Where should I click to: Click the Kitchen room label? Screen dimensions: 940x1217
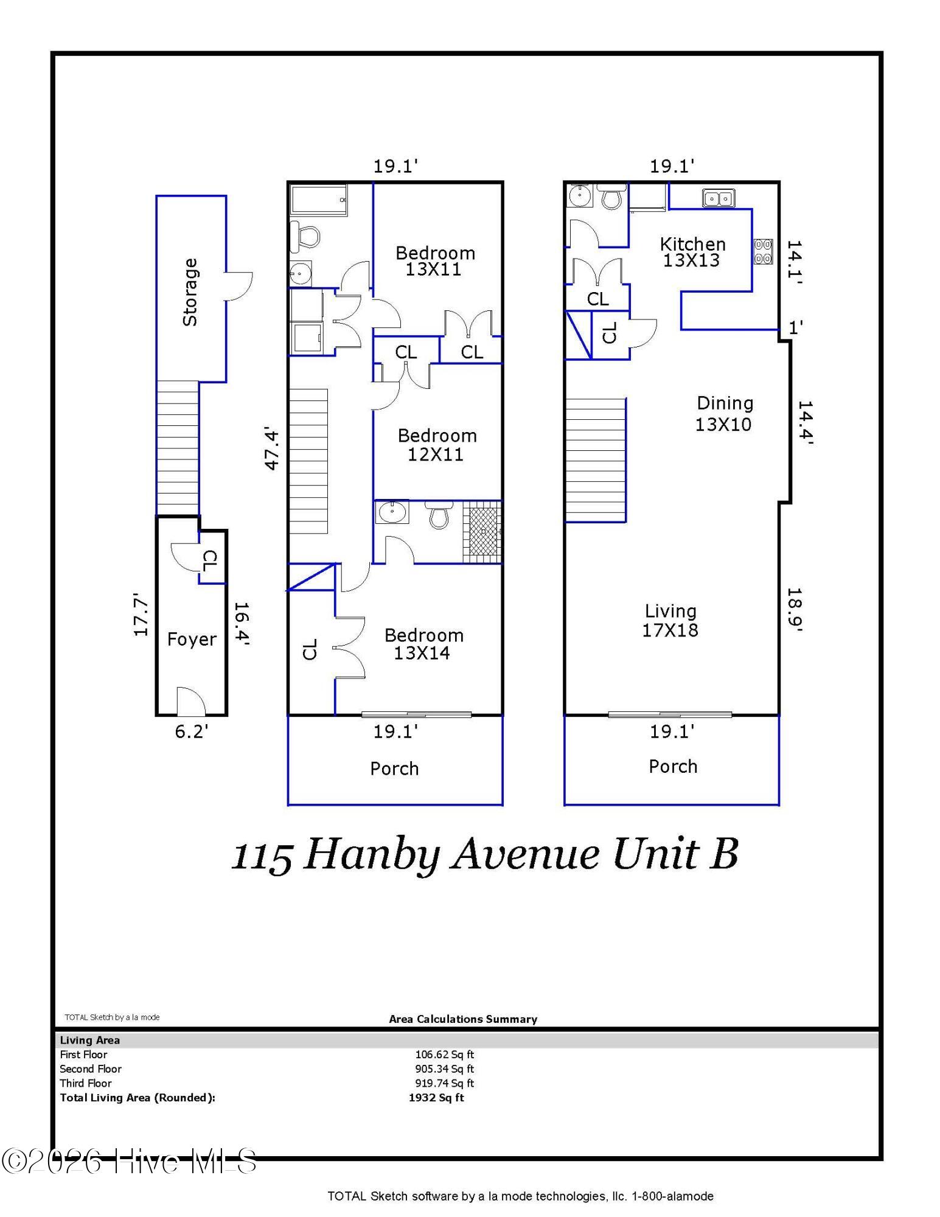692,252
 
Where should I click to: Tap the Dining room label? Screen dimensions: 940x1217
724,414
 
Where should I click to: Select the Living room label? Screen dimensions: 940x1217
670,621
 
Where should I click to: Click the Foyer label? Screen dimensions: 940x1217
192,639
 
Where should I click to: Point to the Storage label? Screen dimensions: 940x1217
190,292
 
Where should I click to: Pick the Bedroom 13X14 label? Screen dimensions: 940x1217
423,644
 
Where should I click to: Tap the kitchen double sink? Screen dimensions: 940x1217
719,198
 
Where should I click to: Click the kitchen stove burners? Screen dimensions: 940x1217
764,251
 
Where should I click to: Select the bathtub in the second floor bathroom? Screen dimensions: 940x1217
319,200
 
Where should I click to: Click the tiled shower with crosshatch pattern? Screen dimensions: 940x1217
482,532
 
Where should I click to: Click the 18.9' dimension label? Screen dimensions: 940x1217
795,610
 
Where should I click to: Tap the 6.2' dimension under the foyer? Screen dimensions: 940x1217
192,731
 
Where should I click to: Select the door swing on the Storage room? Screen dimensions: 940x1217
238,286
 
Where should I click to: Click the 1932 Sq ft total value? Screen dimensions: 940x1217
436,1098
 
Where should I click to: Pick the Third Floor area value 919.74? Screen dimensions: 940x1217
444,1083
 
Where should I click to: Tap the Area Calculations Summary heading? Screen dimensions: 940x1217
463,1019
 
